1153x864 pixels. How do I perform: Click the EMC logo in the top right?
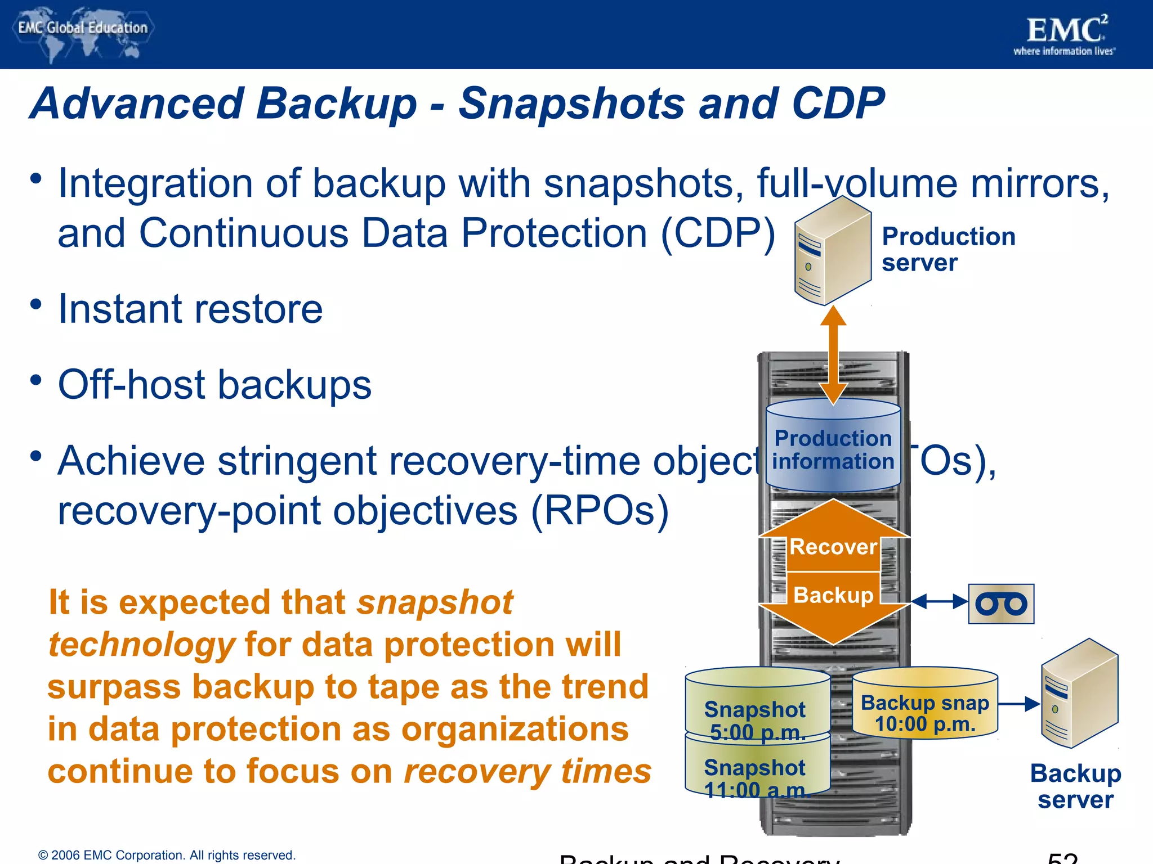(1065, 35)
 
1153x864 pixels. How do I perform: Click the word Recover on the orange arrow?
(833, 547)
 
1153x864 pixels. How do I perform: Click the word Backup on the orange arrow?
(833, 595)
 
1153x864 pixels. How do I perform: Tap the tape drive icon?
(1001, 604)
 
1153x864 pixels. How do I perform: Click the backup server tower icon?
(1079, 694)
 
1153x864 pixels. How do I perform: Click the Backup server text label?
(1075, 786)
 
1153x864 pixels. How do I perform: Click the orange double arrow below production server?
(833, 354)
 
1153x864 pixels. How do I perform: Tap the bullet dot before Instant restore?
(36, 304)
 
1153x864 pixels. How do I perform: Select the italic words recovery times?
(528, 771)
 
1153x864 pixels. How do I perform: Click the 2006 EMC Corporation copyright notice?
(167, 855)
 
